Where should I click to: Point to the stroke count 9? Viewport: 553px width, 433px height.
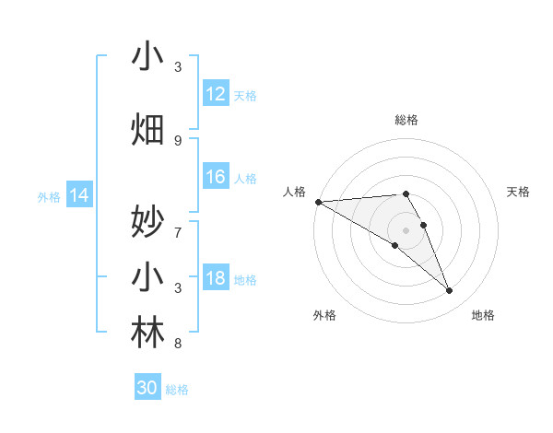(x=178, y=140)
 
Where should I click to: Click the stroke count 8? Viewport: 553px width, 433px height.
(x=178, y=344)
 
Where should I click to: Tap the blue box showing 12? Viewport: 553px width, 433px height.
(x=216, y=94)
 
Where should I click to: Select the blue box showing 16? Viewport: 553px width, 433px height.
(x=216, y=178)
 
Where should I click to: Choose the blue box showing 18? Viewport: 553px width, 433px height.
(x=216, y=279)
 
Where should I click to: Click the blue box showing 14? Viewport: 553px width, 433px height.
(x=79, y=195)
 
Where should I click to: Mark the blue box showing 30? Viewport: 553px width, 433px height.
(x=147, y=388)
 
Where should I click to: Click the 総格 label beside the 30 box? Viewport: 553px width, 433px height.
(x=177, y=390)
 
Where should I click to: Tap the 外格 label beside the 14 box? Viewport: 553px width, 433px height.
(x=49, y=196)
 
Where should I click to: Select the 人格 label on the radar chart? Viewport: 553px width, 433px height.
(x=294, y=192)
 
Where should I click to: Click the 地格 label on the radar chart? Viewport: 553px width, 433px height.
(x=483, y=315)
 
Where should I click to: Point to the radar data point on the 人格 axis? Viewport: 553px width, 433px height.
(x=318, y=202)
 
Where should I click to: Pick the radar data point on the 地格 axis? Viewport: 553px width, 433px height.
(x=449, y=291)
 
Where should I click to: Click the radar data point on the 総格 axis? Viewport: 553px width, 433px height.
(x=406, y=193)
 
